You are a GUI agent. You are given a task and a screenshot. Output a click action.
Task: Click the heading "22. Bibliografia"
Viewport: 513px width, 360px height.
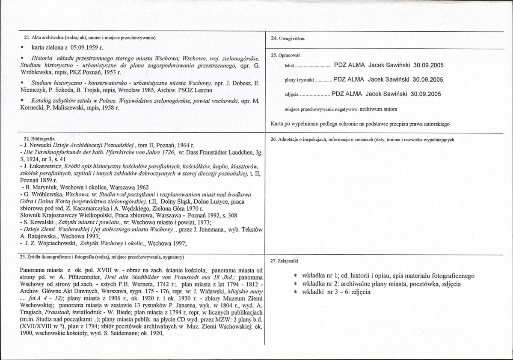coord(39,140)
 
